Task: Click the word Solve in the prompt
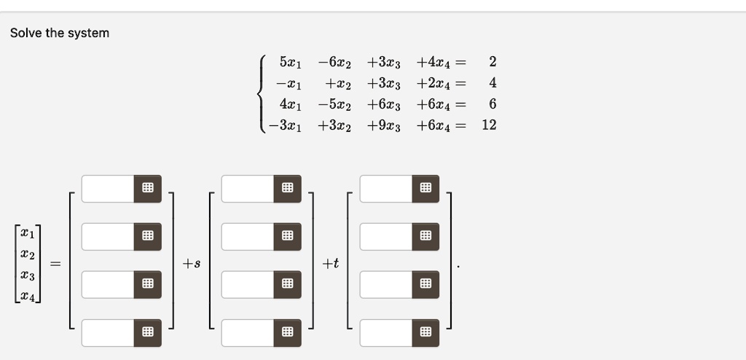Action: point(26,33)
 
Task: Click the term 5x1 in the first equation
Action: point(290,63)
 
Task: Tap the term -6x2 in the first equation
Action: point(334,63)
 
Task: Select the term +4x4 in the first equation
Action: point(433,63)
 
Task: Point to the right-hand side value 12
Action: point(489,125)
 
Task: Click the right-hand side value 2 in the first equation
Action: point(492,62)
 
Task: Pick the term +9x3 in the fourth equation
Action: point(383,125)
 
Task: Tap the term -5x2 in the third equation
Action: point(334,104)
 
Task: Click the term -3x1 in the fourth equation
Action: point(285,125)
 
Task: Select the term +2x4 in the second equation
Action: point(433,83)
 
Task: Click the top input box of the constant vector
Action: point(108,189)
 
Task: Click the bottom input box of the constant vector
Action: point(108,333)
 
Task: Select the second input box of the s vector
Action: point(248,237)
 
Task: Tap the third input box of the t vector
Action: point(386,285)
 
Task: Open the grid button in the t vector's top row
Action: point(425,189)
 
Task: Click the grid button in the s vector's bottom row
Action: point(287,333)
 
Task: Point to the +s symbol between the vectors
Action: point(192,263)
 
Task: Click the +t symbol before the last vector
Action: point(330,263)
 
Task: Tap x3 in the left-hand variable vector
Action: point(28,277)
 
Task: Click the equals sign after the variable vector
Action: point(55,263)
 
